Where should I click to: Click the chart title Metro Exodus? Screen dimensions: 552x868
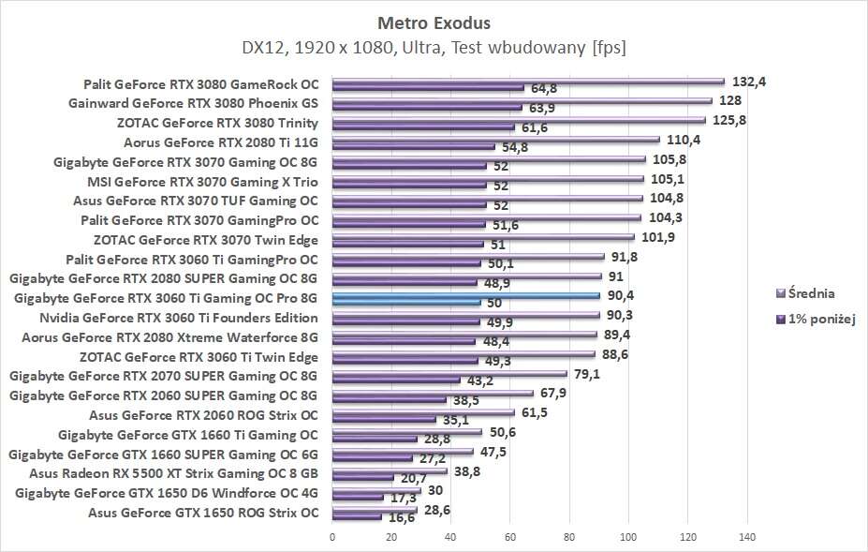point(434,21)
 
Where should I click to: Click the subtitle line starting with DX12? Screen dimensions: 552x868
point(434,46)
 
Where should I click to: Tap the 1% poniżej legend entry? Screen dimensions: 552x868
point(817,318)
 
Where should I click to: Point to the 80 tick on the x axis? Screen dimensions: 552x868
point(569,536)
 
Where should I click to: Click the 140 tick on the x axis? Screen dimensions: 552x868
point(747,536)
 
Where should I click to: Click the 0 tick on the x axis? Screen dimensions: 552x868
point(332,536)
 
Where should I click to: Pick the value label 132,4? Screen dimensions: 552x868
point(749,82)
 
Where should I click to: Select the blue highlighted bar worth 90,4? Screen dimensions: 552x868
point(465,295)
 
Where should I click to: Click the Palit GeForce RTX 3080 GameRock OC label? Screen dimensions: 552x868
point(200,83)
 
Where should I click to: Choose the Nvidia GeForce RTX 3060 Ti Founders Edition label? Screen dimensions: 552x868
point(179,318)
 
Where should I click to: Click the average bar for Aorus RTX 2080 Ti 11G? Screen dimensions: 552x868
point(495,140)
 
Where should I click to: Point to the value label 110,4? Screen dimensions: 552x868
point(683,140)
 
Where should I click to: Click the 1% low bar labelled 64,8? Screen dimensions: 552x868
point(428,88)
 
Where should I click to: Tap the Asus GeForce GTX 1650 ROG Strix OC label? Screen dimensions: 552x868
point(203,513)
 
